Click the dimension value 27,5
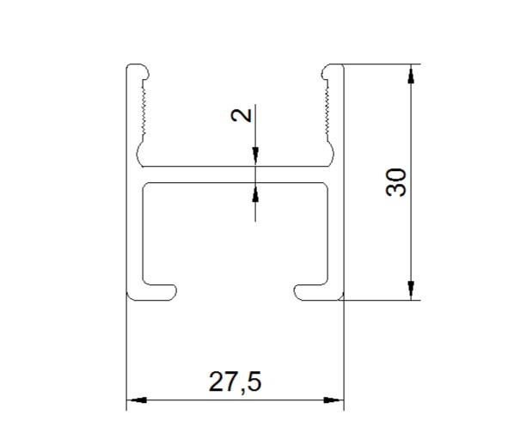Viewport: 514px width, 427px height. click(x=235, y=382)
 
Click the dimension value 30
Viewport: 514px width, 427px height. click(x=396, y=182)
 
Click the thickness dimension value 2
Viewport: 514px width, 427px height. click(x=242, y=115)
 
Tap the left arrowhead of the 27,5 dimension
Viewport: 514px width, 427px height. click(x=137, y=400)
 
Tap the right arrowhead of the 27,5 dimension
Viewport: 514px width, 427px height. click(x=333, y=400)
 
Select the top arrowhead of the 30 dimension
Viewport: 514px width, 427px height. click(x=411, y=74)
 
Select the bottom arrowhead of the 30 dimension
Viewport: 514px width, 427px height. click(x=411, y=290)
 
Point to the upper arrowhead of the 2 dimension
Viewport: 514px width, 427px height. click(x=255, y=156)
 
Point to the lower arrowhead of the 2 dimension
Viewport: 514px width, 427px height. click(x=255, y=192)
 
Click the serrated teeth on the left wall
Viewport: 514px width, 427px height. click(x=144, y=107)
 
